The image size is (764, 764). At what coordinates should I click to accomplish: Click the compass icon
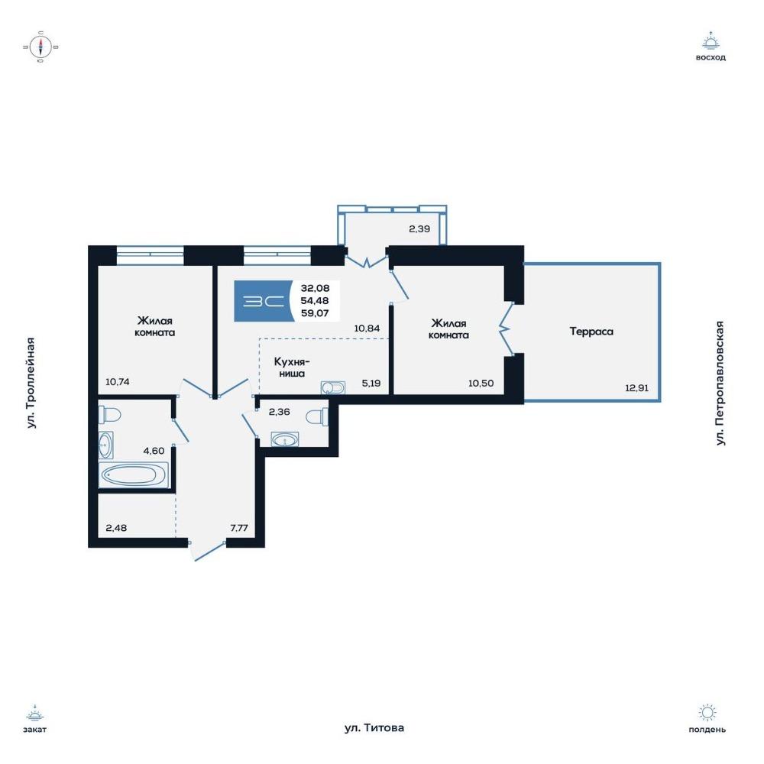point(41,47)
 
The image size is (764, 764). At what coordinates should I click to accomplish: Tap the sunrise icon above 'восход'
point(711,41)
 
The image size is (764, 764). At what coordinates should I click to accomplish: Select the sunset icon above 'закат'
point(35,713)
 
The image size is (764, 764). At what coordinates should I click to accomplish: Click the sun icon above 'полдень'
point(707,713)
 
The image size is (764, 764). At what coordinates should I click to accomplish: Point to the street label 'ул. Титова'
point(374,728)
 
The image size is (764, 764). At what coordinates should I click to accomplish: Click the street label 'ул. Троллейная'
point(31,383)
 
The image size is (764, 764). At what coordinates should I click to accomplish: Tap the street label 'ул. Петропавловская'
point(720,383)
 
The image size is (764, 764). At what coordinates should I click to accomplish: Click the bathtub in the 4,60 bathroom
point(133,474)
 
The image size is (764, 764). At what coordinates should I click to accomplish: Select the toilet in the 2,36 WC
point(317,417)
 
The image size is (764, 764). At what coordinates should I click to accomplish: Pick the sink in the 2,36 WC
point(284,439)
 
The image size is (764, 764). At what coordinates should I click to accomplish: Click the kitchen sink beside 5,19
point(333,388)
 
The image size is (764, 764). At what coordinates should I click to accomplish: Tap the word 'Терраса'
point(591,332)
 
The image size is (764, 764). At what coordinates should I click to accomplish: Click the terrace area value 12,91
point(637,388)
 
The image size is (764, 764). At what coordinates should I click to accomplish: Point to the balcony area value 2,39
point(419,228)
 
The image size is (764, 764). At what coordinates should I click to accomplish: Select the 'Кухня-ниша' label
point(292,367)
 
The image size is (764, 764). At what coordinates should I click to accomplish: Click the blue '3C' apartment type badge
point(264,301)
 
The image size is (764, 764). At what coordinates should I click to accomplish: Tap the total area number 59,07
point(315,313)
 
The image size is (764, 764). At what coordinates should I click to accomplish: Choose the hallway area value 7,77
point(239,528)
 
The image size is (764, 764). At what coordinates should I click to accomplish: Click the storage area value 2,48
point(116,528)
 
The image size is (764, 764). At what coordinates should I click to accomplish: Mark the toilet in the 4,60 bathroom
point(109,415)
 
